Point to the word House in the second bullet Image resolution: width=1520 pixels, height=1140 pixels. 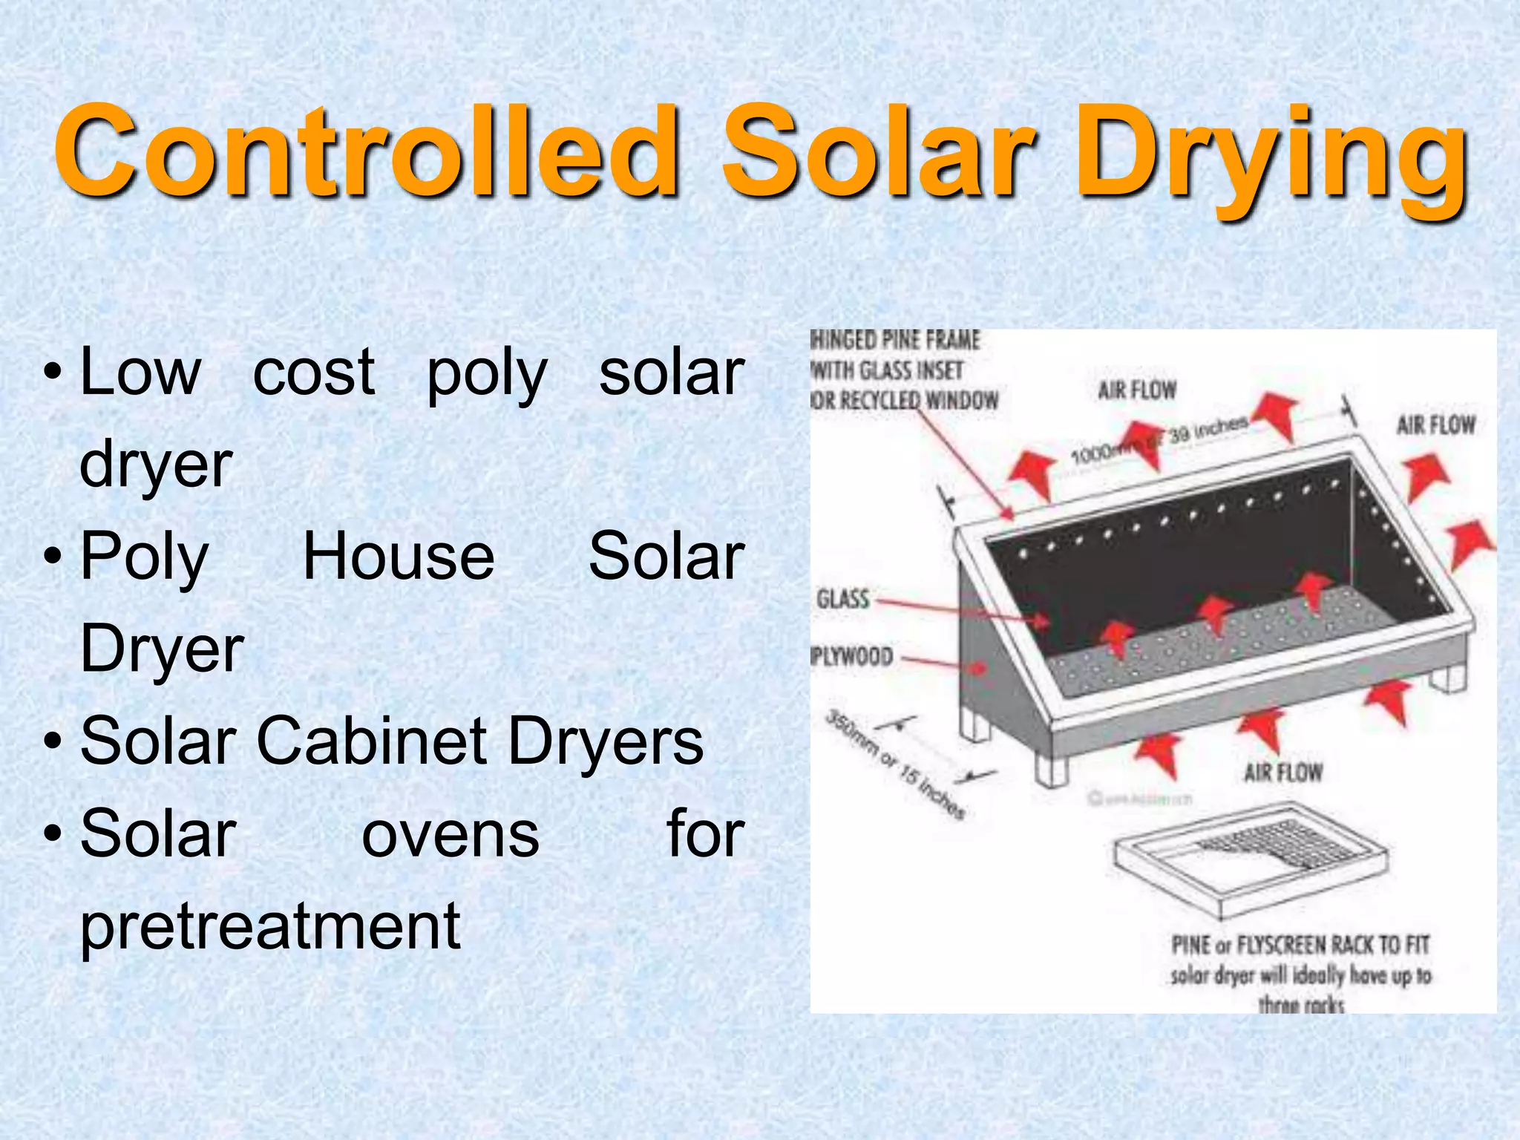(399, 557)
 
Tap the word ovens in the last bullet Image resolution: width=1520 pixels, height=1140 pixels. (451, 834)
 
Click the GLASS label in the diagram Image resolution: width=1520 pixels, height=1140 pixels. (842, 598)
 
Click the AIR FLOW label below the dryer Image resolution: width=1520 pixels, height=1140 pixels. (1282, 773)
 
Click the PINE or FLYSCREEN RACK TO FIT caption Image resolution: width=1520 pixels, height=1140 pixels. (1300, 946)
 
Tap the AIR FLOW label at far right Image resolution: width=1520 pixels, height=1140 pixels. (1435, 425)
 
